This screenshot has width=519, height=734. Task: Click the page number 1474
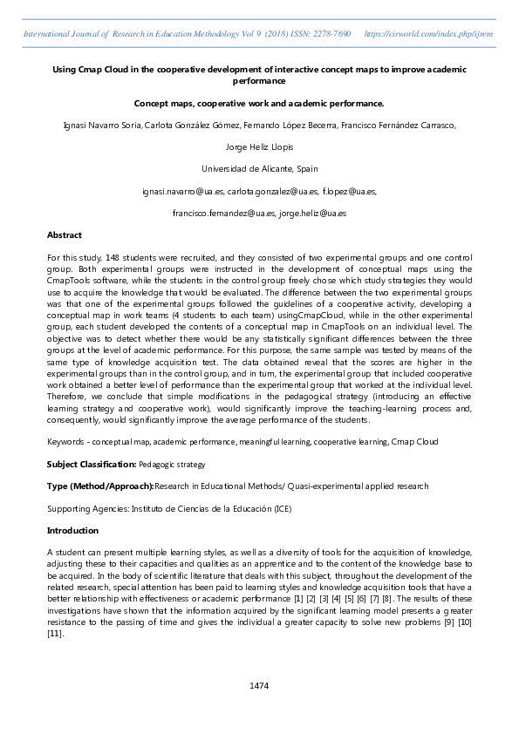259,686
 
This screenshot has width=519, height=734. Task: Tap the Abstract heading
64,235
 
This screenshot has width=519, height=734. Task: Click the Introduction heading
72,530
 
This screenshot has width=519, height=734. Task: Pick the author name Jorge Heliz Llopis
259,146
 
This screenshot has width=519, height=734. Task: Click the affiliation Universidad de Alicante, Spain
259,168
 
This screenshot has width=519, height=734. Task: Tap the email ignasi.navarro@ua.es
181,191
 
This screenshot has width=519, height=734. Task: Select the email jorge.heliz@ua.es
313,213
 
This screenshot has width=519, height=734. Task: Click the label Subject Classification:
91,465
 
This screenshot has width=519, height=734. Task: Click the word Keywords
65,442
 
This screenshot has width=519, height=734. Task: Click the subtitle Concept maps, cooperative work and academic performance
259,103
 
